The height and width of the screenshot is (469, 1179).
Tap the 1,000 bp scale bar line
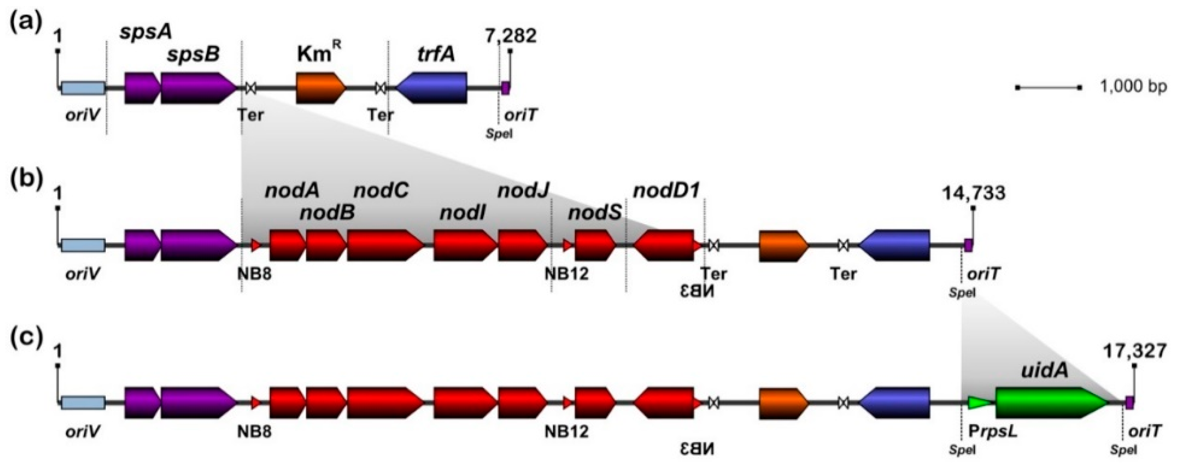1048,100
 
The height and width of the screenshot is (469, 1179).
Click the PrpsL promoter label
993,431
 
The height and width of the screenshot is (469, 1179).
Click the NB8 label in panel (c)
254,431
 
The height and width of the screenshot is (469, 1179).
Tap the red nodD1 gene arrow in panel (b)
664,246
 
